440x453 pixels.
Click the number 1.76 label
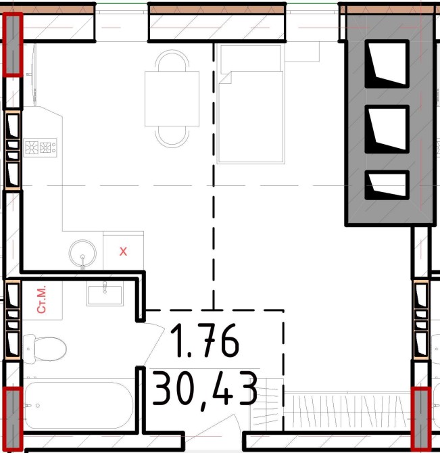[204, 339]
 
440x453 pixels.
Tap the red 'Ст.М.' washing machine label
[42, 300]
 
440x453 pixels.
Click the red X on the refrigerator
[123, 252]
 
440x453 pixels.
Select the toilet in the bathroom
[45, 349]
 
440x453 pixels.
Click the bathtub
[78, 405]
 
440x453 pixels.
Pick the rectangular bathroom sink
[105, 294]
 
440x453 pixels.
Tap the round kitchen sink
[82, 254]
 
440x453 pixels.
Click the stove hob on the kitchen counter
[40, 147]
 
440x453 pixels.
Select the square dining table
[172, 99]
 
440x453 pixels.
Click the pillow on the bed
[251, 59]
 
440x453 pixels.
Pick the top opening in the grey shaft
[387, 64]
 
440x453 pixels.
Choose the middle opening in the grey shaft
[387, 129]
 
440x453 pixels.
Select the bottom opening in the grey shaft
[387, 185]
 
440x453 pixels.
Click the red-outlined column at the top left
[12, 45]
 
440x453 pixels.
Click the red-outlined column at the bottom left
[12, 419]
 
